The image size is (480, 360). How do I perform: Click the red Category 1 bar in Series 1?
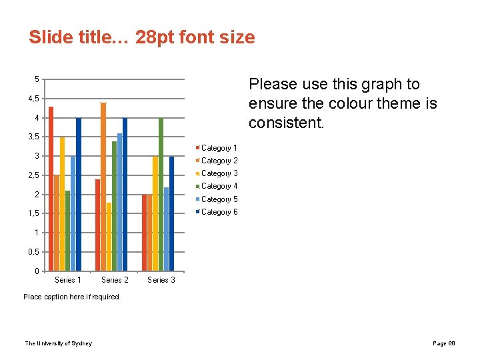51,190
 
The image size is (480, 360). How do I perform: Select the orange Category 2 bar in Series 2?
103,187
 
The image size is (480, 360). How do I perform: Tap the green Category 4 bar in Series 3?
161,193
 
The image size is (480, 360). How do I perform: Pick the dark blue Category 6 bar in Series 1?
79,193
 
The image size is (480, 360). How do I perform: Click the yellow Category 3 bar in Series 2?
109,237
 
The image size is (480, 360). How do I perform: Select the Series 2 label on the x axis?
115,280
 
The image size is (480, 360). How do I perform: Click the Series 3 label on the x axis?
161,280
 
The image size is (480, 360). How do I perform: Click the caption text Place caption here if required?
71,297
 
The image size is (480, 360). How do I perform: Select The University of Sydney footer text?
59,343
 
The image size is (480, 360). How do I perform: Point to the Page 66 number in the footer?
444,343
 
